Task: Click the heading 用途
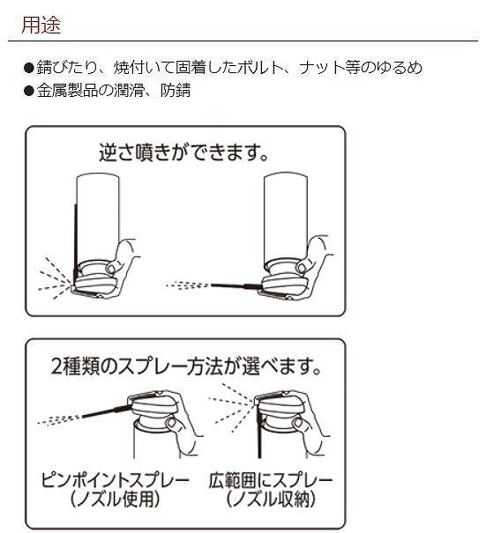click(x=41, y=26)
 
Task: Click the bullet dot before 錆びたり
click(x=28, y=68)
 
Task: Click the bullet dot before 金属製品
click(x=28, y=90)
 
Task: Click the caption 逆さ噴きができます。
click(x=183, y=152)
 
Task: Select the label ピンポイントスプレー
click(x=115, y=481)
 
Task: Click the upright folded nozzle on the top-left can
click(x=75, y=231)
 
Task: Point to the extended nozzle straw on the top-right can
click(x=233, y=284)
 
